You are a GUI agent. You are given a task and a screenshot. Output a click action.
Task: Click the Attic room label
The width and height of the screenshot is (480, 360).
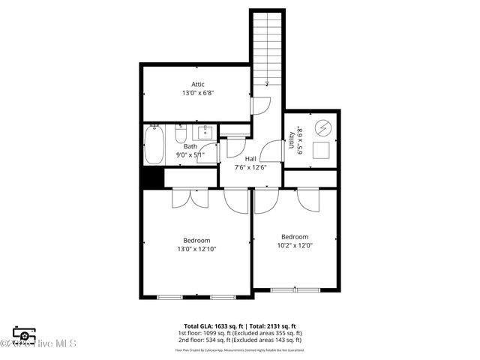point(197,84)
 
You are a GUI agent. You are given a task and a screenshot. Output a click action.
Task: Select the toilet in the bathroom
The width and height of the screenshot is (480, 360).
point(181,135)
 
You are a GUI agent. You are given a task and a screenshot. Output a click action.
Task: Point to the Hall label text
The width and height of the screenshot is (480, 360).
point(250,159)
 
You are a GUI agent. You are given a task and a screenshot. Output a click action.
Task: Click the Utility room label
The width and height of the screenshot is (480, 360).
point(292,139)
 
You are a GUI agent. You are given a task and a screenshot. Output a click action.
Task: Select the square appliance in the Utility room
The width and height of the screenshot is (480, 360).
point(323,150)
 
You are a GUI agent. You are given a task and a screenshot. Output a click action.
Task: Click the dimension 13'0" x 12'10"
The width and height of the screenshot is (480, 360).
point(197,250)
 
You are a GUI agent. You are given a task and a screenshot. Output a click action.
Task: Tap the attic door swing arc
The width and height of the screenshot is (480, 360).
point(259,106)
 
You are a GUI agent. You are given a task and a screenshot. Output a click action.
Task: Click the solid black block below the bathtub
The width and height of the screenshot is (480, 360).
point(153,178)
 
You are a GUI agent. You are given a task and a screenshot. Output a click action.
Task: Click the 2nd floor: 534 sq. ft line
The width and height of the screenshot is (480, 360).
point(240,340)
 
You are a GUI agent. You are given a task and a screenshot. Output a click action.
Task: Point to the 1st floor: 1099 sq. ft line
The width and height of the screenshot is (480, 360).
point(240,333)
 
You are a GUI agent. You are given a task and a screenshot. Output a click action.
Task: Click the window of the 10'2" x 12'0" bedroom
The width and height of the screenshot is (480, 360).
point(295,289)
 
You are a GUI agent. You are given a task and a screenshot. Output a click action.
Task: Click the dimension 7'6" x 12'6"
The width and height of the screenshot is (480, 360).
point(250,167)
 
